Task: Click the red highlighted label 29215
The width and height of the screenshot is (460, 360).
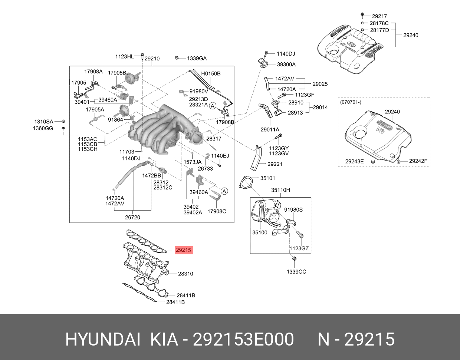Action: point(183,250)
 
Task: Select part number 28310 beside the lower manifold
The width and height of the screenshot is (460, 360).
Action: point(185,274)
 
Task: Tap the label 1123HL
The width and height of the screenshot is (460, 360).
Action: point(124,56)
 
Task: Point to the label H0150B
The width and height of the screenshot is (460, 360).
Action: point(211,73)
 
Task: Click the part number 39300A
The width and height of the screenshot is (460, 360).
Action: point(286,65)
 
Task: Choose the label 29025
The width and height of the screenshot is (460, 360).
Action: point(320,84)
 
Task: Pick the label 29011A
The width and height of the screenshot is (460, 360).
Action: point(270,129)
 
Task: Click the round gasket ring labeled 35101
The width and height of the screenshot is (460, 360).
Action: point(245,183)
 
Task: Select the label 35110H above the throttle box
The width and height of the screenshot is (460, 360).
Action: point(280,190)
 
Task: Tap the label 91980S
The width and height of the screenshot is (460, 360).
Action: point(293,209)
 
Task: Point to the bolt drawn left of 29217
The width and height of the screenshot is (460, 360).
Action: point(362,16)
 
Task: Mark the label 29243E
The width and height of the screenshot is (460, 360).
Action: point(354,161)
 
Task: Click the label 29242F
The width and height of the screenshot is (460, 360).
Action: point(418,161)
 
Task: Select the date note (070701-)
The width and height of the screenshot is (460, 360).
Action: point(351,102)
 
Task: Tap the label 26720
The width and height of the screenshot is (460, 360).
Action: point(132,217)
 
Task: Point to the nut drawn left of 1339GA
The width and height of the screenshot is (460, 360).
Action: point(177,58)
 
